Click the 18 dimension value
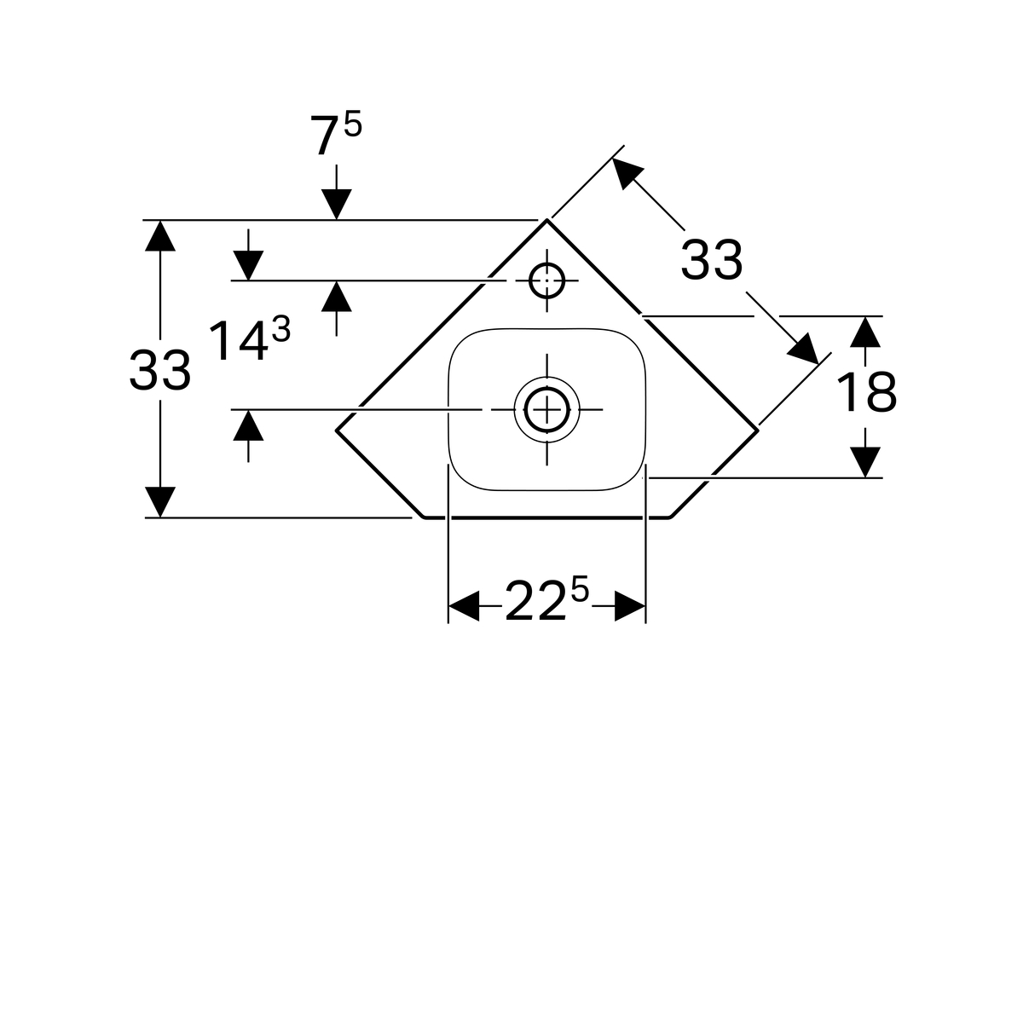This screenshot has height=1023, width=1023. click(866, 392)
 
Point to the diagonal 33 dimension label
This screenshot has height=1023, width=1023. click(711, 260)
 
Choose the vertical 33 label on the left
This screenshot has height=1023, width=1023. click(159, 371)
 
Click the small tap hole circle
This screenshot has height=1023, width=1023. click(546, 280)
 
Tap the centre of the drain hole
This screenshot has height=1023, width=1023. click(546, 409)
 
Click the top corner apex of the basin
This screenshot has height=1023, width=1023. click(546, 220)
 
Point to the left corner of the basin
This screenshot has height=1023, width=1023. click(337, 431)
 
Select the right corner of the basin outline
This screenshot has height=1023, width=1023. click(758, 431)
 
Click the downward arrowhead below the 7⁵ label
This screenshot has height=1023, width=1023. click(336, 204)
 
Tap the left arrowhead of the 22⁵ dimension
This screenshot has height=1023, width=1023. click(464, 605)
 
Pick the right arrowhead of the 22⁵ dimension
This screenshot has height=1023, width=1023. click(630, 605)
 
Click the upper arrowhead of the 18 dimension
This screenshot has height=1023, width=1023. click(865, 332)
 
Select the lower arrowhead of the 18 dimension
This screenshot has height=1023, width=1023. click(865, 462)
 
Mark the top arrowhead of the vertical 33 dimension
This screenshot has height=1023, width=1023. click(159, 235)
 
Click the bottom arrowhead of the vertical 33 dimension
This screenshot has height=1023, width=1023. click(159, 501)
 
